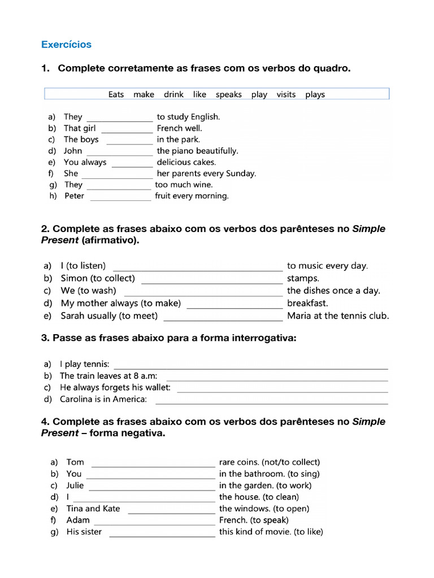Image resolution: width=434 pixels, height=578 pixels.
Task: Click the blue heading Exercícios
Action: point(66,44)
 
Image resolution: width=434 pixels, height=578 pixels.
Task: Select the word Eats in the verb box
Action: point(116,94)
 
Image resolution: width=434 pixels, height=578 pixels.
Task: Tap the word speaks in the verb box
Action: point(228,94)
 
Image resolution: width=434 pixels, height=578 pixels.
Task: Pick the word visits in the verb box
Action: point(286,94)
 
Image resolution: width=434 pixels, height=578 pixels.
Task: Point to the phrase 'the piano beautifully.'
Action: point(197,151)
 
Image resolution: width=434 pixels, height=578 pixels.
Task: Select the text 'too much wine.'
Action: point(184,185)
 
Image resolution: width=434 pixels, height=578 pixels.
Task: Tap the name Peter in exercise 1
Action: point(74,196)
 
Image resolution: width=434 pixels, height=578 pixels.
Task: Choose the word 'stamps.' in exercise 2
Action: point(303,278)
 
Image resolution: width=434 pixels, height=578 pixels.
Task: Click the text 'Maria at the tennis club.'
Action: point(338,316)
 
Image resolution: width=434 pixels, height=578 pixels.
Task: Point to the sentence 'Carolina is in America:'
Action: point(103,399)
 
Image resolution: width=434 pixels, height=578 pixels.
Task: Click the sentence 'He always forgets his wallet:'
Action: point(115,388)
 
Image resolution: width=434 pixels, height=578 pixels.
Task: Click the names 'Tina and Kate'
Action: point(93,509)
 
